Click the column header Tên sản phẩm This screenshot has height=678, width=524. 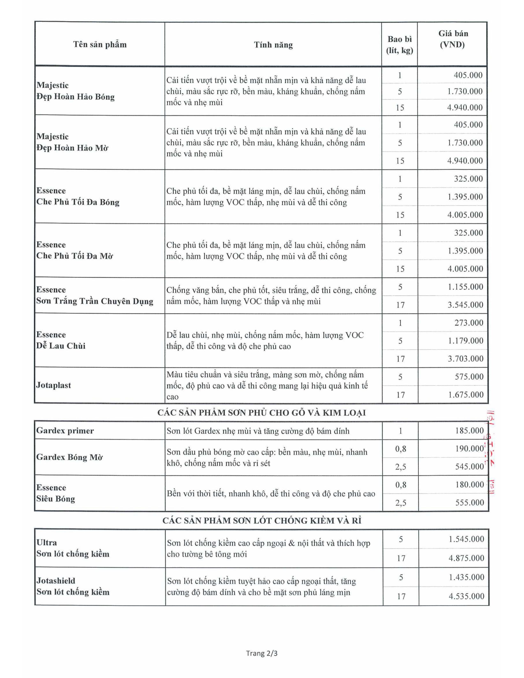tap(100, 45)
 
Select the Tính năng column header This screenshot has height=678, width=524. tap(273, 45)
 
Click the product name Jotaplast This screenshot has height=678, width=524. tap(54, 385)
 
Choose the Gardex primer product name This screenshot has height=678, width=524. tap(65, 431)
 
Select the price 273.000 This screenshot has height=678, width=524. tap(469, 323)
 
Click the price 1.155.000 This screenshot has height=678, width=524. tap(465, 287)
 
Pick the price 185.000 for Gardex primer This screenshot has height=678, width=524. tap(469, 431)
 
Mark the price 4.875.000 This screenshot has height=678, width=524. tap(466, 558)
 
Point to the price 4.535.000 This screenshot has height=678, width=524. tap(466, 596)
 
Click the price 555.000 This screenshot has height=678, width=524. tap(469, 503)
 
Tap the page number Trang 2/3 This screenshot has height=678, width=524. tap(262, 653)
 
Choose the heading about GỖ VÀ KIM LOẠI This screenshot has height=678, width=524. tap(261, 413)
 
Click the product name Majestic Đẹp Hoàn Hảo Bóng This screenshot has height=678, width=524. tap(75, 91)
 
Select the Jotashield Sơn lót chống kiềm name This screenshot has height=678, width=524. tap(73, 586)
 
